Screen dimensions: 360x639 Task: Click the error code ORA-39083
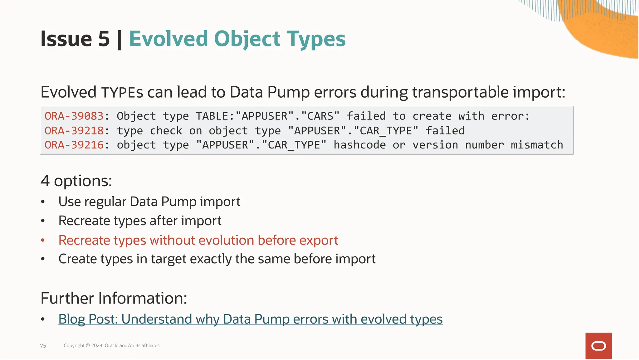coord(74,116)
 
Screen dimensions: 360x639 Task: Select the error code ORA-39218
coord(74,131)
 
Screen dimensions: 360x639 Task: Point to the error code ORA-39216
coord(74,145)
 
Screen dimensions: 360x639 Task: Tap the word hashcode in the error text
coord(359,145)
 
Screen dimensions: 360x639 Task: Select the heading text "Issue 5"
coord(75,39)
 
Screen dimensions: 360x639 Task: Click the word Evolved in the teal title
coord(168,39)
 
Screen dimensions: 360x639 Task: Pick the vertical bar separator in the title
coord(119,40)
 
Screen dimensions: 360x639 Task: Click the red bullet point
coord(43,241)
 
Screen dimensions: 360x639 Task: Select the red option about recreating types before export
coord(198,240)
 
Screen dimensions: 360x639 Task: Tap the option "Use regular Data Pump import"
coord(149,202)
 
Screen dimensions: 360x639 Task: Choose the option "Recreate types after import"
coord(140,221)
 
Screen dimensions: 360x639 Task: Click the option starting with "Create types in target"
coord(217,259)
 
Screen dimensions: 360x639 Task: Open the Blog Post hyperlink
coord(250,319)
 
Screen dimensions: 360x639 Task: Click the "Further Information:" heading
coord(114,298)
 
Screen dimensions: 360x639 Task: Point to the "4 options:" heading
coord(76,181)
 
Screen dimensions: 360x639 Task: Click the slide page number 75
coord(43,346)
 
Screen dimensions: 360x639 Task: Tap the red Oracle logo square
coord(598,346)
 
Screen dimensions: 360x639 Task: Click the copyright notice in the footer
coord(111,346)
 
